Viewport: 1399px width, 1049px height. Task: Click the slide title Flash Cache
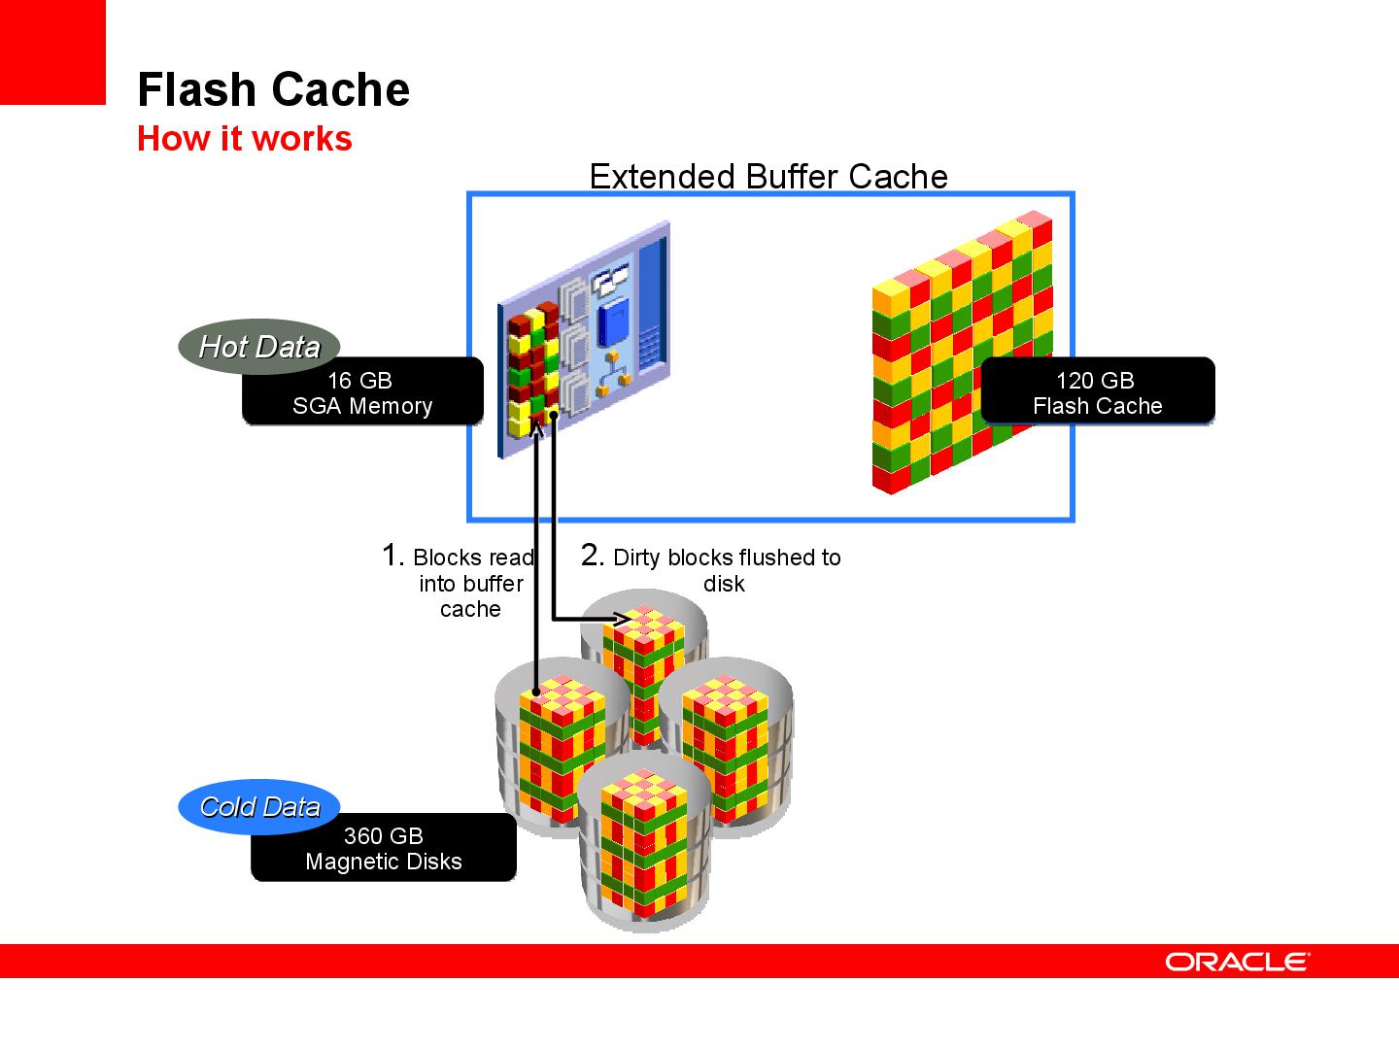[273, 89]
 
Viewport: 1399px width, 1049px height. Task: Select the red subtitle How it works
[244, 139]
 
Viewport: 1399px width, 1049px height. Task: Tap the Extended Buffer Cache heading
[768, 177]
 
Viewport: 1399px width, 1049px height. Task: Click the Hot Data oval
[258, 347]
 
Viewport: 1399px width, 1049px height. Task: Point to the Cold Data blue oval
[258, 807]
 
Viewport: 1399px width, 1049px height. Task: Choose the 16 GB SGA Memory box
[362, 393]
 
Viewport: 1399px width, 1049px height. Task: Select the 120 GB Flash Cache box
[1097, 393]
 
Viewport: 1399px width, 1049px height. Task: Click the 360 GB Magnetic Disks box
[383, 849]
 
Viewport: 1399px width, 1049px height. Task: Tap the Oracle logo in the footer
[1238, 962]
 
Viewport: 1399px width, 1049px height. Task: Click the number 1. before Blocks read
[392, 556]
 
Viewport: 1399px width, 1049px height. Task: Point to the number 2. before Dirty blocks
[593, 556]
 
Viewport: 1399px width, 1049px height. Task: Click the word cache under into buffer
[470, 610]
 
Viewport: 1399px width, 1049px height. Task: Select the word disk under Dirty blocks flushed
[724, 584]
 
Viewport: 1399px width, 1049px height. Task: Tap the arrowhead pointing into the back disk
[620, 618]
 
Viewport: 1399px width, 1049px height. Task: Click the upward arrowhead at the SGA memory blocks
[535, 426]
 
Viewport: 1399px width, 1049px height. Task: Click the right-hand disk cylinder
[727, 743]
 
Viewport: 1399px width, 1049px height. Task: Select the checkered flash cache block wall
[962, 355]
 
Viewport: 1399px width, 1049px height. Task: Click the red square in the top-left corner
[52, 51]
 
